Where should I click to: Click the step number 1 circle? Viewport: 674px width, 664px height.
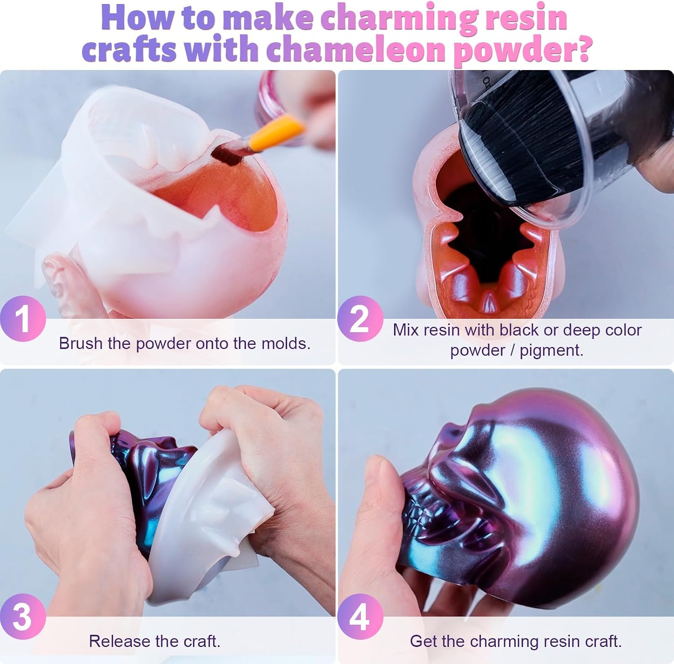[x=22, y=319]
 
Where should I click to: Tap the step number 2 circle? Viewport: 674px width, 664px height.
[x=360, y=319]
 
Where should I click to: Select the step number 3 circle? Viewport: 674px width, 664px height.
[x=22, y=616]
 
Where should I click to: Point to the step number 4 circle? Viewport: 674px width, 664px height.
[x=360, y=616]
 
